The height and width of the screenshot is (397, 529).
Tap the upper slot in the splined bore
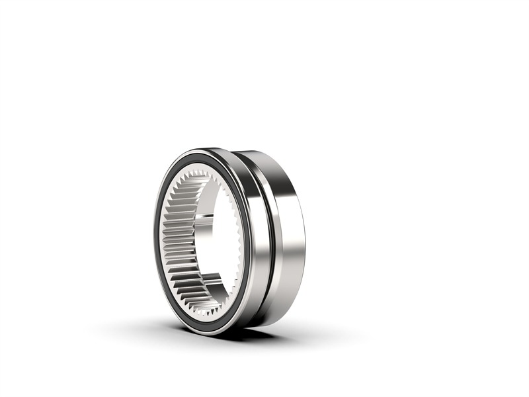207,216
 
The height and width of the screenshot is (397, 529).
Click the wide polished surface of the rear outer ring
288,232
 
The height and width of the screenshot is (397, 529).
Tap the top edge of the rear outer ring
264,154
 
